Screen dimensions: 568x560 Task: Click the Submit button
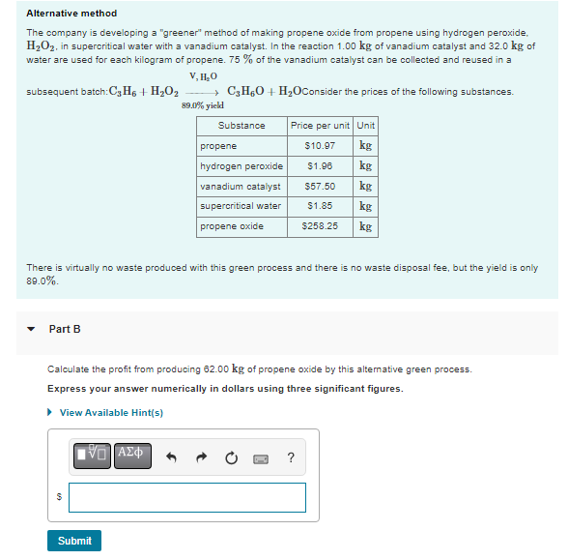[x=74, y=541]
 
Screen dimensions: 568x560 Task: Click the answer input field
[x=186, y=497]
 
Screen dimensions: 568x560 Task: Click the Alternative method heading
[x=71, y=14]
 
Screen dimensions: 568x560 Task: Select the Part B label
[x=65, y=329]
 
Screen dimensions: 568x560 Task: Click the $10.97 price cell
[x=319, y=146]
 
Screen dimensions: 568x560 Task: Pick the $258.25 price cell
[x=319, y=226]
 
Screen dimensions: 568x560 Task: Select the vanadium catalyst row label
[x=240, y=186]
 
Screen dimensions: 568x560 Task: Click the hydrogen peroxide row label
[x=240, y=166]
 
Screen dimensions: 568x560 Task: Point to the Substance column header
[x=241, y=126]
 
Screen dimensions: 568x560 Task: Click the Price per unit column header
[x=320, y=126]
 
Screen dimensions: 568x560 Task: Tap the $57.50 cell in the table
[x=319, y=186]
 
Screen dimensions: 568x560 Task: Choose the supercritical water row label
[x=240, y=206]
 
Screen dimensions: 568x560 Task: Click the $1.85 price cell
[x=319, y=206]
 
